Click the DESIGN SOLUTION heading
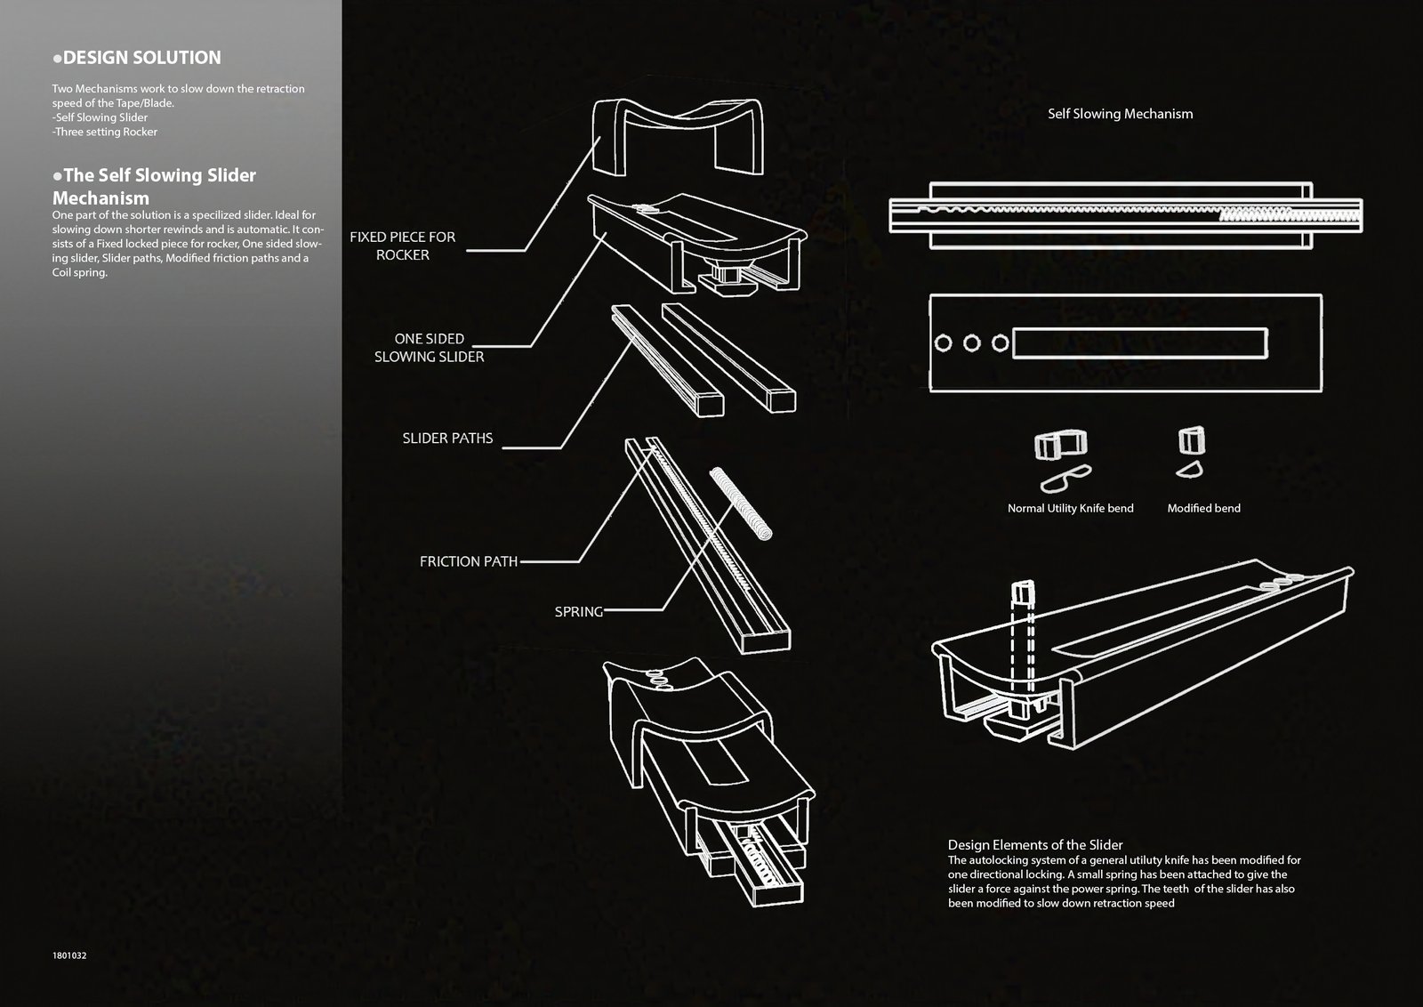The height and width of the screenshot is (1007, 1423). click(x=137, y=58)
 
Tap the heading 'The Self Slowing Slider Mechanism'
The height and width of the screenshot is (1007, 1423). click(x=155, y=186)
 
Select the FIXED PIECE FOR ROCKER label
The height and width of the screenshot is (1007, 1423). click(x=403, y=246)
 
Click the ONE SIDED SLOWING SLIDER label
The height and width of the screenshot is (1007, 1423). click(x=429, y=348)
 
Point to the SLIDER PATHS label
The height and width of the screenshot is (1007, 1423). click(x=447, y=439)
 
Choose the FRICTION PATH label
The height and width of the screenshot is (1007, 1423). click(x=468, y=561)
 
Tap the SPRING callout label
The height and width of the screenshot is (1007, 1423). click(x=579, y=612)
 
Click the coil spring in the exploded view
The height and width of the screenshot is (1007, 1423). click(x=741, y=503)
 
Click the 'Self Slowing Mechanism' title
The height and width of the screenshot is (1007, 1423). click(x=1120, y=114)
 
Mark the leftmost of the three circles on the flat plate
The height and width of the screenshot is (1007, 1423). click(x=944, y=343)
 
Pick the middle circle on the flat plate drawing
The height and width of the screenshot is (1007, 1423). click(x=972, y=343)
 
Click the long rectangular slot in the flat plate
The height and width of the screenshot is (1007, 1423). click(x=1140, y=343)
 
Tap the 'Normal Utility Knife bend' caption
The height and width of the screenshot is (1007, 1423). click(x=1071, y=508)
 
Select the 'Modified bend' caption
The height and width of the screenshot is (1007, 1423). click(x=1204, y=508)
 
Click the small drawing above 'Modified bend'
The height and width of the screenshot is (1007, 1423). click(x=1191, y=452)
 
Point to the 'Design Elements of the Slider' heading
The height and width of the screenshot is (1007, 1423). click(x=1035, y=845)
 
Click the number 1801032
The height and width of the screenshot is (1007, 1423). click(x=69, y=955)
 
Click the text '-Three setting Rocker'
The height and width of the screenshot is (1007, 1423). click(x=105, y=133)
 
